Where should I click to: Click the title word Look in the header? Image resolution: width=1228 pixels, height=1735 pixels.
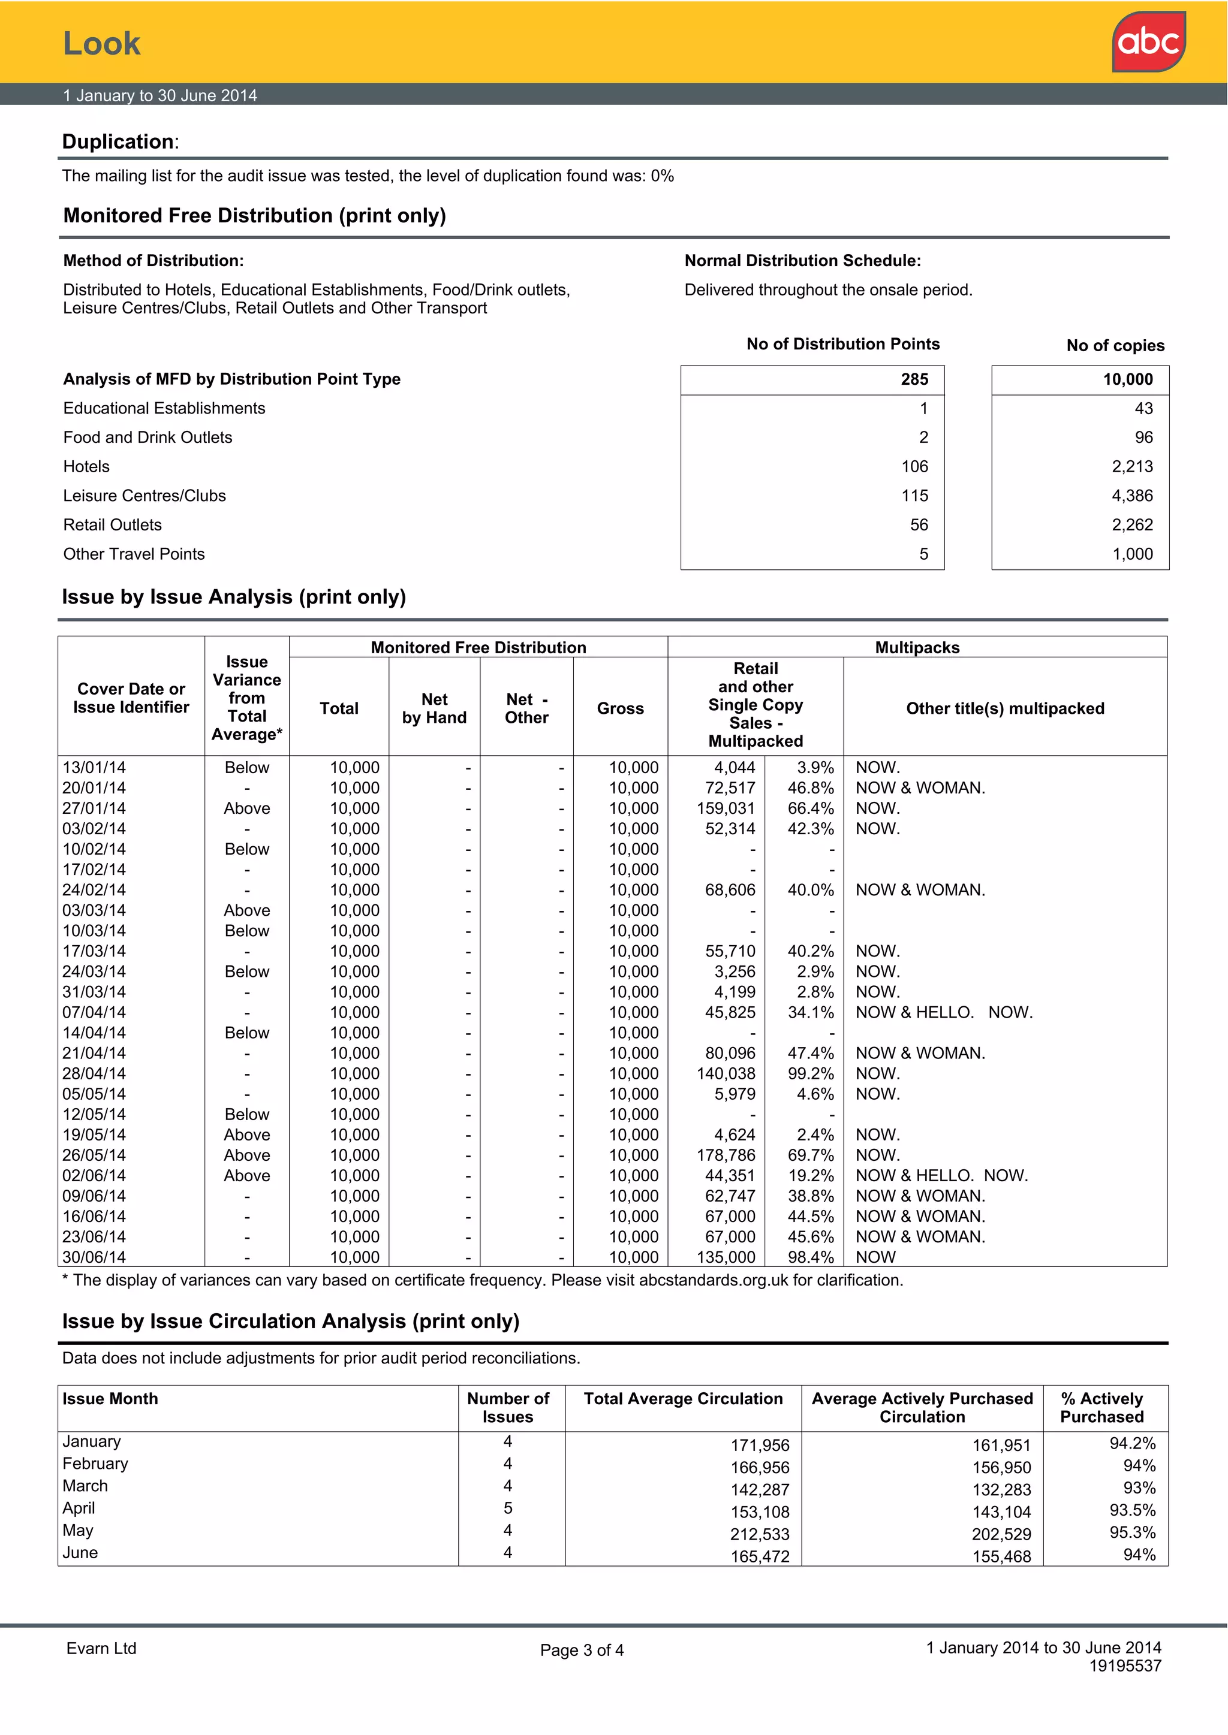tap(101, 44)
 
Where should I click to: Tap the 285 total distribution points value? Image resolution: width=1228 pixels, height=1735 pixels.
tap(914, 379)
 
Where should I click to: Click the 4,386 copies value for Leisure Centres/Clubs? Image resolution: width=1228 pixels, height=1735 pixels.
tap(1132, 496)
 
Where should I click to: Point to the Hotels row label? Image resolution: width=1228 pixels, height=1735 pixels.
tap(86, 467)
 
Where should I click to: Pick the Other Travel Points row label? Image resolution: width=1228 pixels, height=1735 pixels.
tap(134, 554)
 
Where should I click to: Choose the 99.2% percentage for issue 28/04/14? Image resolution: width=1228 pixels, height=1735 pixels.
tap(811, 1074)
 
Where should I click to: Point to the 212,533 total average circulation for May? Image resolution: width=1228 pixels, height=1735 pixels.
tap(759, 1535)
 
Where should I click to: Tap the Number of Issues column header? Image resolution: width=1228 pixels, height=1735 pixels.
tap(508, 1408)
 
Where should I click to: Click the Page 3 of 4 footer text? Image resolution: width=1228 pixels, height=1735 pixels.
tap(582, 1650)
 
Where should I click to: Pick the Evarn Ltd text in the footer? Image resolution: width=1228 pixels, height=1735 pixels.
tap(101, 1649)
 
